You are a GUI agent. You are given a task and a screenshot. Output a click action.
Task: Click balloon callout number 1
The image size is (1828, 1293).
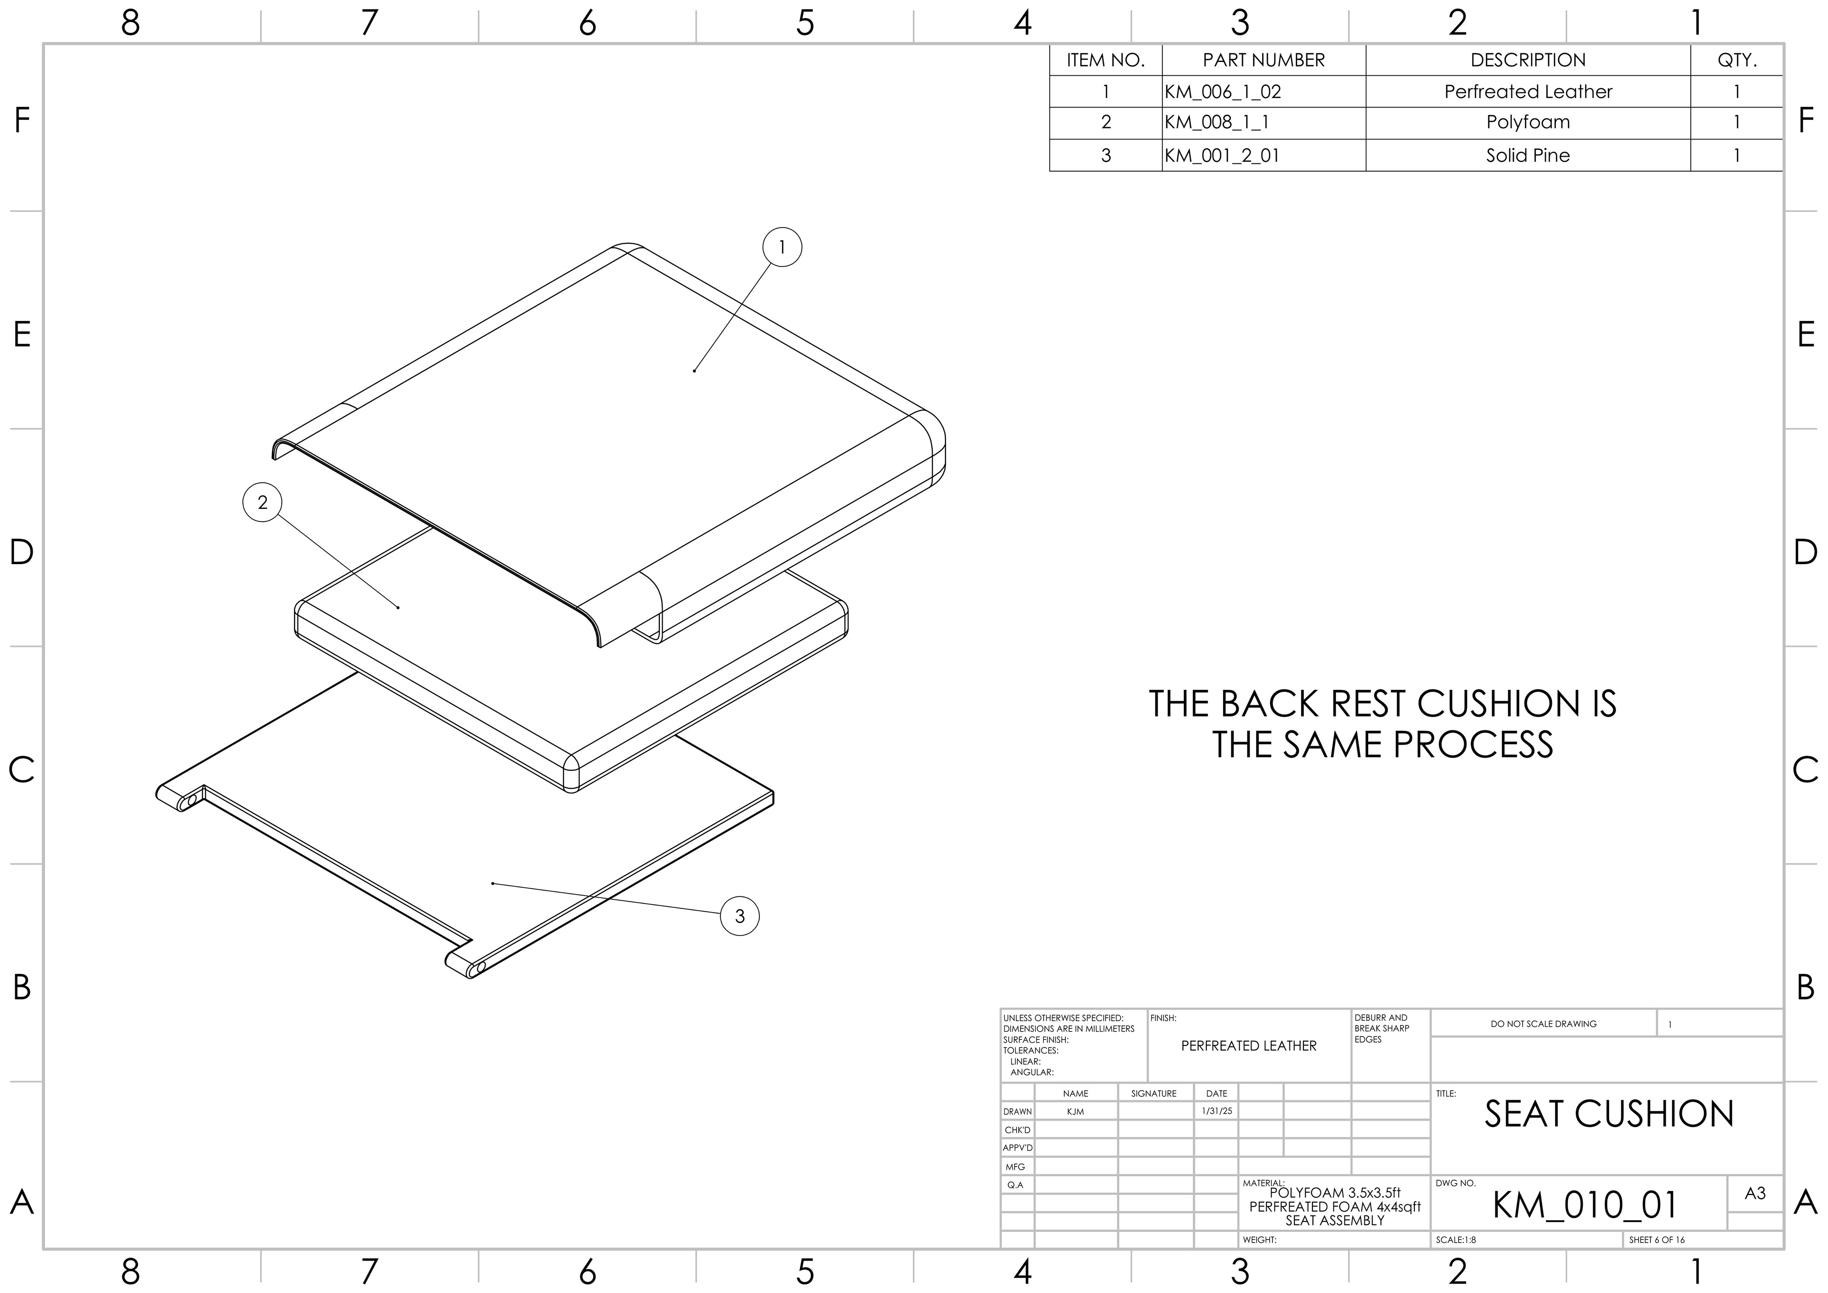coord(781,248)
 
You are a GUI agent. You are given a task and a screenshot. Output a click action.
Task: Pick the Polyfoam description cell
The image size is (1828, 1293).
coord(1527,123)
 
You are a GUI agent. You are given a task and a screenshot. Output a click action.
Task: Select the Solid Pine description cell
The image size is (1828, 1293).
coord(1527,155)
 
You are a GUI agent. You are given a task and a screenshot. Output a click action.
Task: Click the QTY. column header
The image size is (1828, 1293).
coord(1737,60)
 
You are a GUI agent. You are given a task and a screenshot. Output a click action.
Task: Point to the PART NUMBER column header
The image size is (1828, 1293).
coord(1263,60)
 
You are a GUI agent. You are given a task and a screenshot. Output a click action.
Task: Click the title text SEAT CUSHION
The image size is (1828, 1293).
coord(1608,1114)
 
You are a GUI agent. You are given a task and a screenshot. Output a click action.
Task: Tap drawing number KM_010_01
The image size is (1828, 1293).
coord(1584,1204)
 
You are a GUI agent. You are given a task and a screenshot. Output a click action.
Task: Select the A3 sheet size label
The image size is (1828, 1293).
coord(1755,1194)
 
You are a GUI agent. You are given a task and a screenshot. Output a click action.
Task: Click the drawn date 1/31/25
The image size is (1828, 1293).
coord(1217,1111)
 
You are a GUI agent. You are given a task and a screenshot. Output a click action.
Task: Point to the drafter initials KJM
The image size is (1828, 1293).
coord(1075,1112)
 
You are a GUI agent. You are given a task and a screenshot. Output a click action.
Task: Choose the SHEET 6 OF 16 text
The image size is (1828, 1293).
coord(1657,1240)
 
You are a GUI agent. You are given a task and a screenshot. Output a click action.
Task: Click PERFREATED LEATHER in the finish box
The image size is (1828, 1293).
coord(1248,1045)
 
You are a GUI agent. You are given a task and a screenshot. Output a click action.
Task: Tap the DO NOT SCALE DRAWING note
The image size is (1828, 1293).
coord(1543,1024)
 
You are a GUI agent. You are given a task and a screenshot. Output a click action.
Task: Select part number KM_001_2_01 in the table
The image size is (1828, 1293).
coord(1222,155)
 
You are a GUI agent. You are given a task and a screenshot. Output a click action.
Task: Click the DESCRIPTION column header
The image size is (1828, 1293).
coord(1527,60)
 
